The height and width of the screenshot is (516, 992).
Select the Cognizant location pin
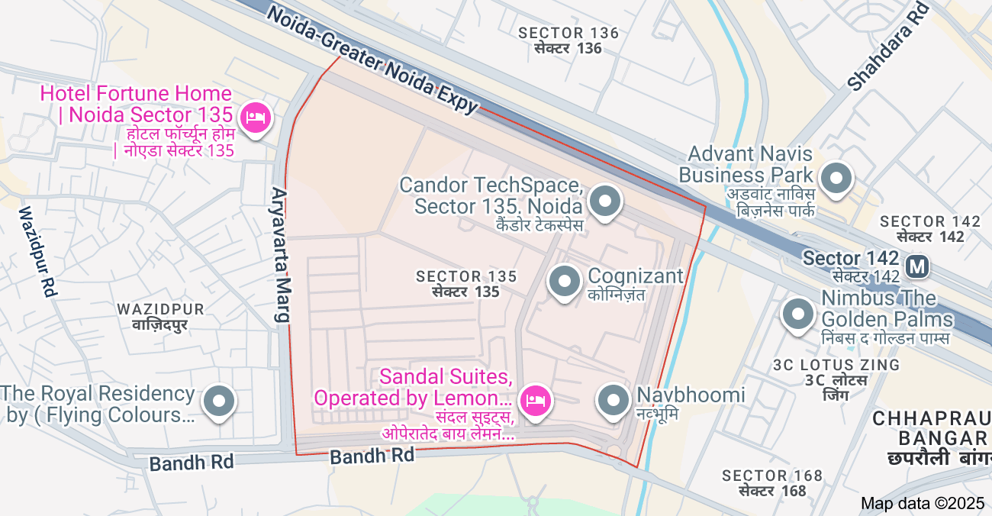click(565, 282)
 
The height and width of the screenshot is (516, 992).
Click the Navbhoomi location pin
click(613, 400)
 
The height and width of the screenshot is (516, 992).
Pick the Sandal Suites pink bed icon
click(535, 400)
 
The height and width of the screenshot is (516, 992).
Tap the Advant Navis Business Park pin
click(838, 179)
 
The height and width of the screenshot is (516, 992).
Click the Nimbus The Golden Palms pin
click(798, 314)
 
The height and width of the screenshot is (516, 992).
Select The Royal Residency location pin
click(220, 400)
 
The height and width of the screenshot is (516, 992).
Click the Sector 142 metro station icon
click(916, 266)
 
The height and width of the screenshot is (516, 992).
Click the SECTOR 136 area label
click(568, 40)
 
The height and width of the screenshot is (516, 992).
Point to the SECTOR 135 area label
click(466, 283)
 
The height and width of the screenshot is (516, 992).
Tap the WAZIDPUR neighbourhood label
click(160, 317)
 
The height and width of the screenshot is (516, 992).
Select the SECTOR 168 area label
click(772, 483)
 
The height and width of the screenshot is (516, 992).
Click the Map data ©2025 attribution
click(923, 503)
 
